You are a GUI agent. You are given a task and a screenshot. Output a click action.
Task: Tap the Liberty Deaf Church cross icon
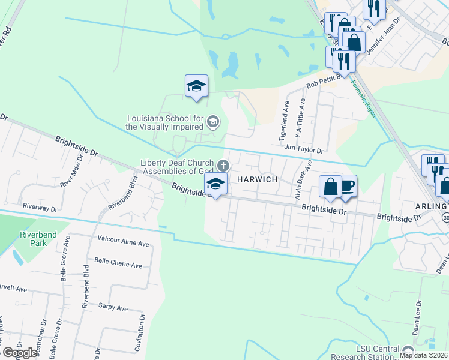tap(223, 165)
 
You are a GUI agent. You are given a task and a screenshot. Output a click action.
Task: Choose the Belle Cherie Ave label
tap(118, 265)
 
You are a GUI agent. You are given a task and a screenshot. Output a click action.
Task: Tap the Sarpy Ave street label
tap(113, 308)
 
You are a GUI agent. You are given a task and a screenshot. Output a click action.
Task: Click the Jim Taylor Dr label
tap(304, 148)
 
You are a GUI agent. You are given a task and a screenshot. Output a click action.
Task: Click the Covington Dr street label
tap(140, 333)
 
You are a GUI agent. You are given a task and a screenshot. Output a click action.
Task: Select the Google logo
tap(20, 353)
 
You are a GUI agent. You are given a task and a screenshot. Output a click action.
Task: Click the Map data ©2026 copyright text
tap(424, 355)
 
